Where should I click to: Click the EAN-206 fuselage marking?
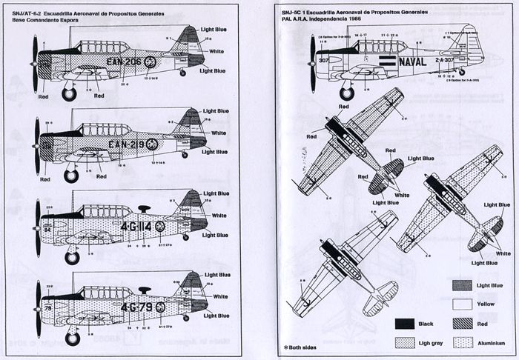click(122, 62)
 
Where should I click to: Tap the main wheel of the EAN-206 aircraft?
click(69, 94)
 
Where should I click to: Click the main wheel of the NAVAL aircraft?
click(346, 93)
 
